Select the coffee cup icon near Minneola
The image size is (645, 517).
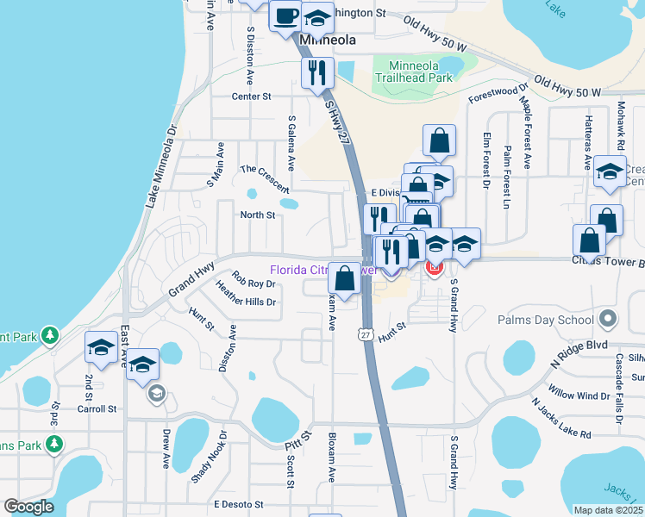(x=285, y=16)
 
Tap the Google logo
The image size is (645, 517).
(x=28, y=507)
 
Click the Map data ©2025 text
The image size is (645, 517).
(x=608, y=510)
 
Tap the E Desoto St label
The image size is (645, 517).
(x=236, y=503)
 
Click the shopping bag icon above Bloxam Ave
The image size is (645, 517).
(x=344, y=278)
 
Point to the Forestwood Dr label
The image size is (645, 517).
(x=498, y=94)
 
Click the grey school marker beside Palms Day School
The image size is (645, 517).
(x=610, y=319)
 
